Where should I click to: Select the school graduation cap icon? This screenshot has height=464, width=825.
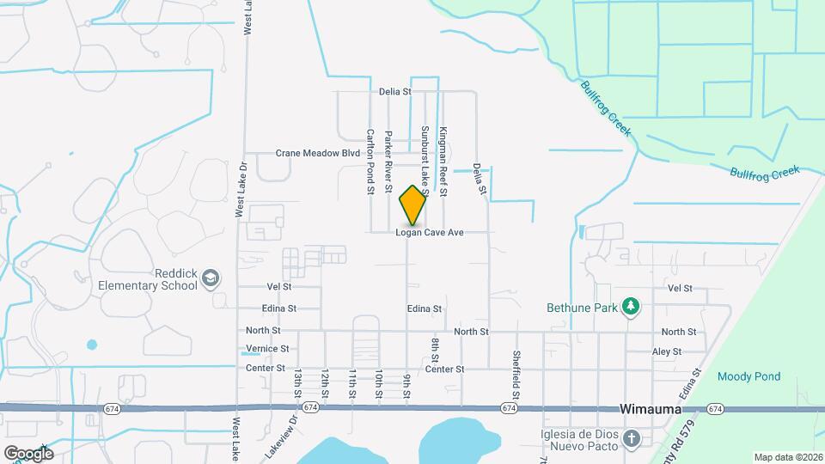(x=211, y=278)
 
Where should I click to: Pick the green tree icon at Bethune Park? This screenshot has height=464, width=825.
(x=632, y=306)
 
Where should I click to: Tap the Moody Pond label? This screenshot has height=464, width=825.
(x=749, y=376)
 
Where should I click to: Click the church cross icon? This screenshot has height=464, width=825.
(x=632, y=440)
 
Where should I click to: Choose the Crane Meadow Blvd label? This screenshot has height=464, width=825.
(x=317, y=153)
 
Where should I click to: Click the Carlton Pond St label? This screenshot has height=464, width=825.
(x=370, y=162)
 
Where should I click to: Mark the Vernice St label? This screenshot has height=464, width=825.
(x=267, y=349)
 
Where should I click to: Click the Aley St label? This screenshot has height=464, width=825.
(x=666, y=351)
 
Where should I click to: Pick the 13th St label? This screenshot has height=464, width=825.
(x=298, y=383)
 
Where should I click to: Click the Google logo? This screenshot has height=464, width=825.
(x=28, y=453)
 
